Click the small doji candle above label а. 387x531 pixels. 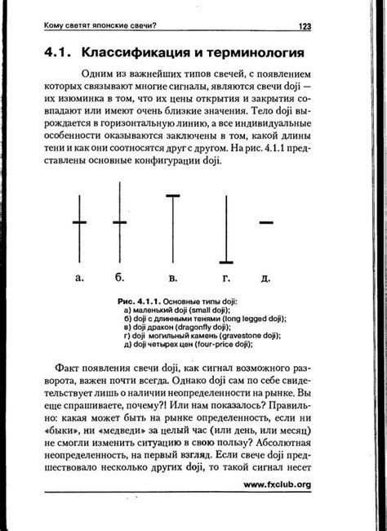coord(78,222)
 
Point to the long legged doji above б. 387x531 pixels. coord(120,222)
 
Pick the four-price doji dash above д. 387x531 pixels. coord(265,222)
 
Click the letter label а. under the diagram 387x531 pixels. coord(79,278)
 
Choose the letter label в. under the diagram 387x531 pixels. coord(172,278)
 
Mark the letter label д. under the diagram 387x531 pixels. coord(265,278)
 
